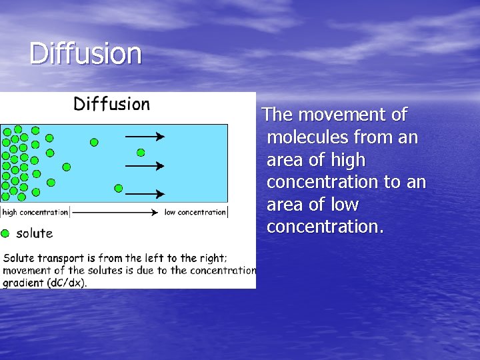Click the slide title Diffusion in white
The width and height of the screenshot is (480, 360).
point(85,54)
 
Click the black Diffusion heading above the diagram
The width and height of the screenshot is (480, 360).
point(111,104)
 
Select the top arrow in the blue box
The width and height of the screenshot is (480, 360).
point(145,137)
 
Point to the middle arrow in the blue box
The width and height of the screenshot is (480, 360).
point(145,165)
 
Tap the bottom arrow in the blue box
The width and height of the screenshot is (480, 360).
point(145,194)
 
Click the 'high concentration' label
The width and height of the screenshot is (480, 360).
point(35,213)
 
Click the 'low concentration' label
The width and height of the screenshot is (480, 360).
point(195,213)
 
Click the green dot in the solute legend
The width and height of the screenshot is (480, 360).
point(5,233)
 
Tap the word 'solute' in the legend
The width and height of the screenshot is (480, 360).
point(34,233)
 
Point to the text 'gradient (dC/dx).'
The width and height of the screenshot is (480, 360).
point(45,282)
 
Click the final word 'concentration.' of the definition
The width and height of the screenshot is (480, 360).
point(325,227)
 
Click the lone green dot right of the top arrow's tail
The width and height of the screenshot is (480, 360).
point(94,142)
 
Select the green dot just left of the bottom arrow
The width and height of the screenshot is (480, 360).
point(118,188)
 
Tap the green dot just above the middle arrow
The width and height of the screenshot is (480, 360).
point(141,153)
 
